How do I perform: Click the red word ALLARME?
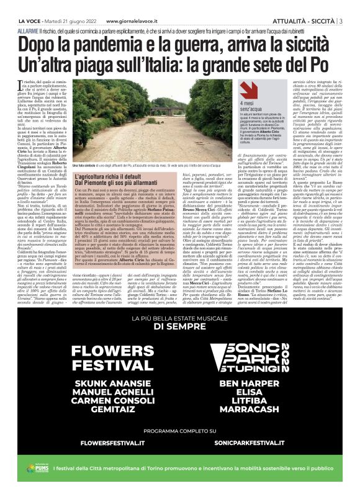[x=29, y=30]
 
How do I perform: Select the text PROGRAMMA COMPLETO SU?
[x=179, y=447]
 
